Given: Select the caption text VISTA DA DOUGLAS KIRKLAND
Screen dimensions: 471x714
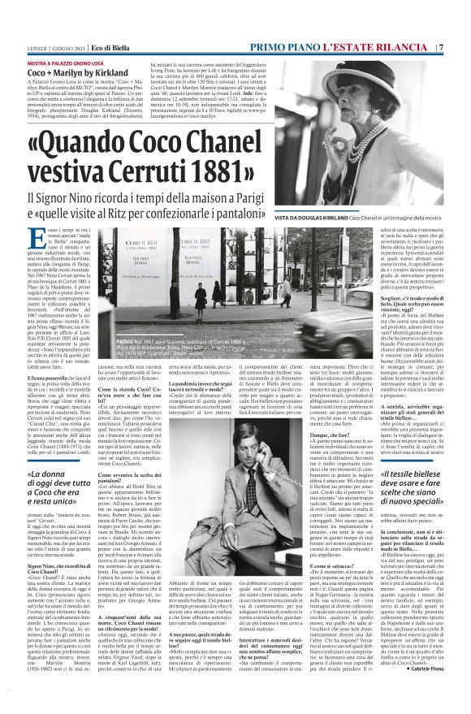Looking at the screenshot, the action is point(342,219).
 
